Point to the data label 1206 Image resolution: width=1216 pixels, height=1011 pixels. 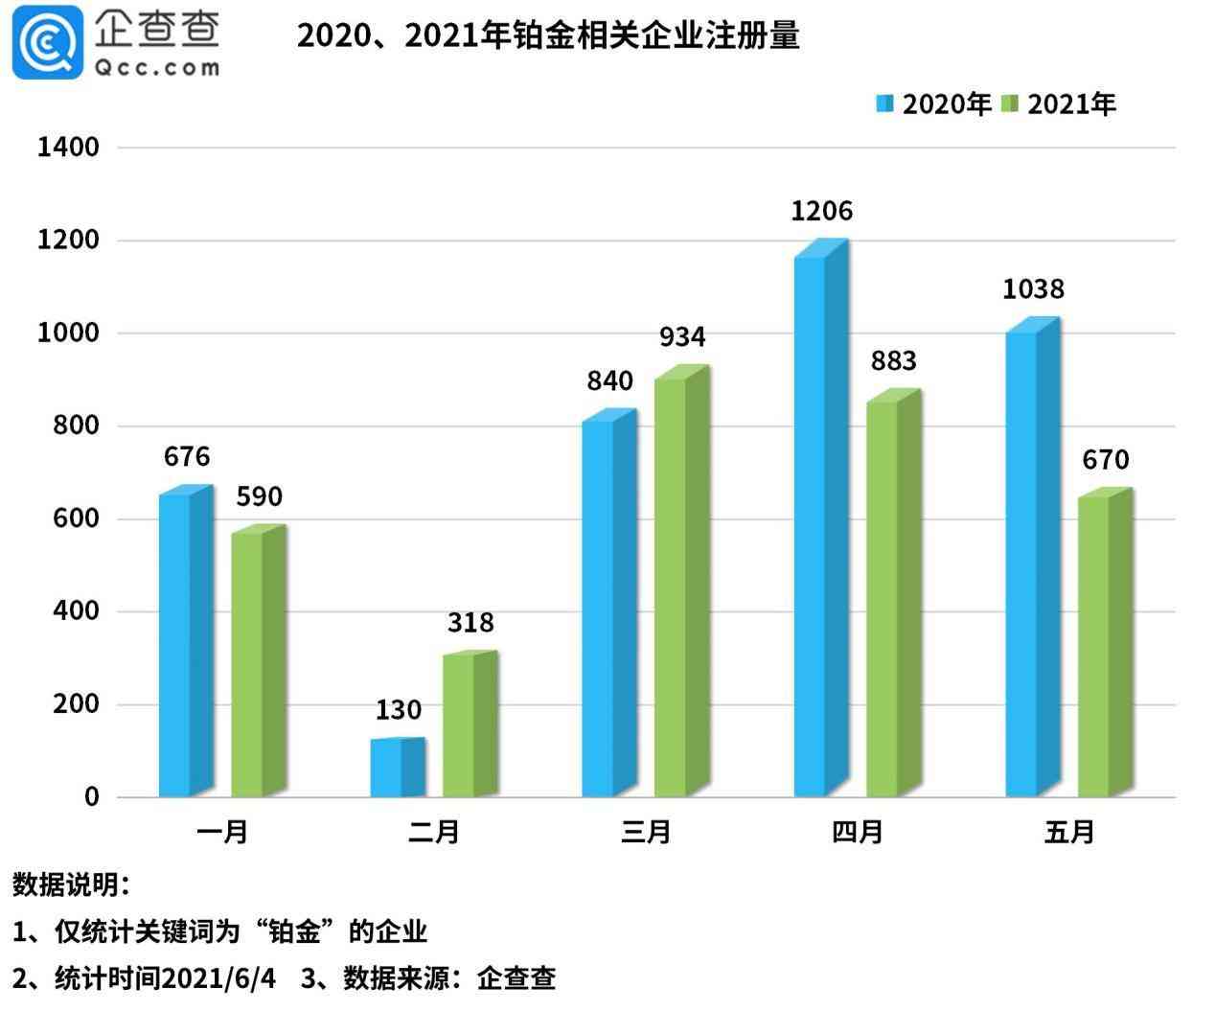click(821, 211)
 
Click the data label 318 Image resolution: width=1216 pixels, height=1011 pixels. click(470, 623)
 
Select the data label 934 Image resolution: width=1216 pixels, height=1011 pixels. click(682, 337)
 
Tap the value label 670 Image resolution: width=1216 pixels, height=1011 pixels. click(1106, 460)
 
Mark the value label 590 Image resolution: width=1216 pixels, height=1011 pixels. click(259, 496)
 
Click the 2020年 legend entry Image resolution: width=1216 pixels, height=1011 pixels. click(933, 104)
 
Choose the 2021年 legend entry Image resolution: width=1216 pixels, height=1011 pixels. click(1059, 104)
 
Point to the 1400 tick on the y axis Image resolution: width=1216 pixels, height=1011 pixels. click(67, 147)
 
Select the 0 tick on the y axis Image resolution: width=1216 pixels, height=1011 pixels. click(91, 797)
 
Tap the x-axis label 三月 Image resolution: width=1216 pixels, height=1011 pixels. click(645, 832)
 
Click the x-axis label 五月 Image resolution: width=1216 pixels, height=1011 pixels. click(1068, 832)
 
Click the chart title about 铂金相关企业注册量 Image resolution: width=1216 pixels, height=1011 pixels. click(547, 35)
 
